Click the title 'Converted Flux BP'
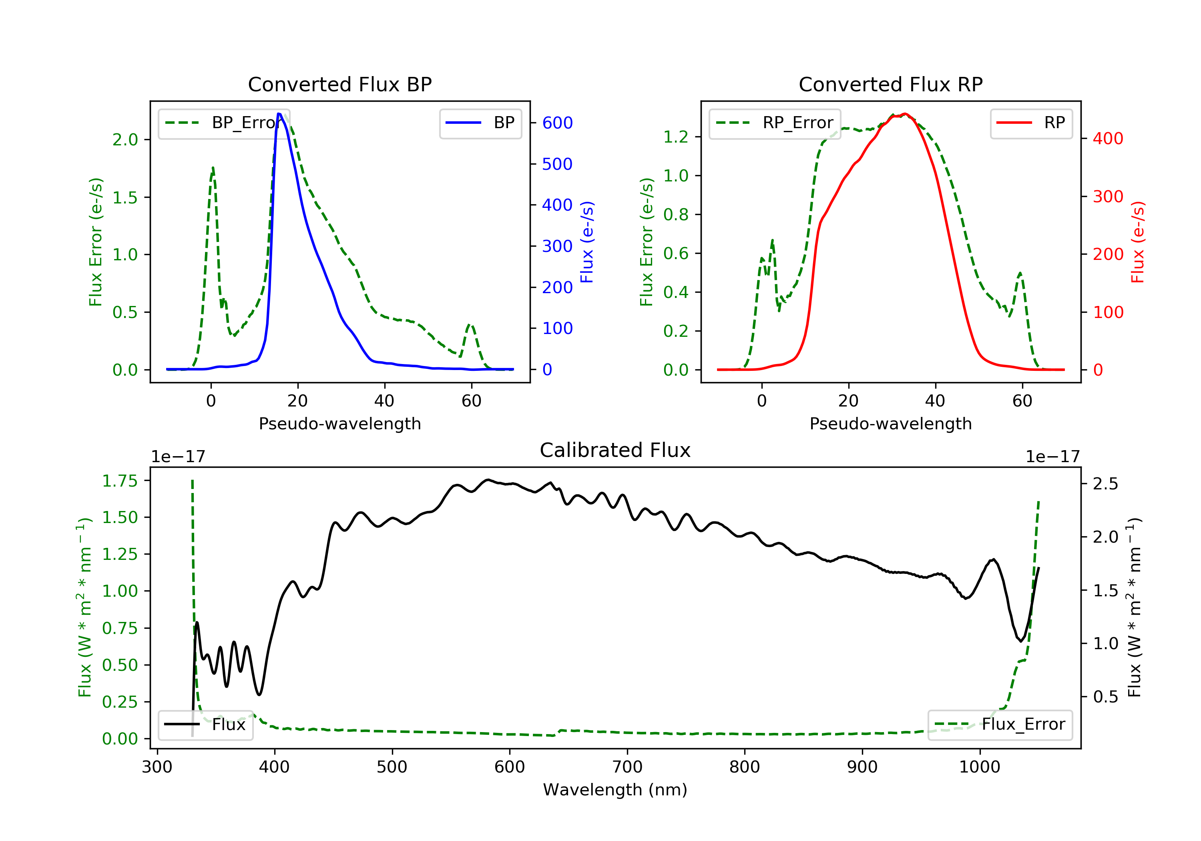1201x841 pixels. pyautogui.click(x=339, y=84)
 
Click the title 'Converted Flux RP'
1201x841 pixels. pyautogui.click(x=890, y=84)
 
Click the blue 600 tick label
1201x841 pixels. pyautogui.click(x=557, y=123)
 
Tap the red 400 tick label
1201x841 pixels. pyautogui.click(x=1108, y=139)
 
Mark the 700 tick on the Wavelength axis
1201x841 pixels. pyautogui.click(x=627, y=767)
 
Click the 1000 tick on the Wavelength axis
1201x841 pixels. pyautogui.click(x=979, y=767)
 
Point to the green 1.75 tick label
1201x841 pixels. pyautogui.click(x=120, y=481)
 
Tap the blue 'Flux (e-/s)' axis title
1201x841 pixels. pyautogui.click(x=587, y=242)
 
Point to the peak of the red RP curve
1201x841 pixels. pyautogui.click(x=905, y=114)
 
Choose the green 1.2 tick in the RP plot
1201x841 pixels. pyautogui.click(x=675, y=137)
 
